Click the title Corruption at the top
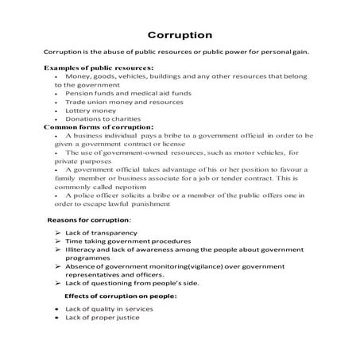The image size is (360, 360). (x=180, y=35)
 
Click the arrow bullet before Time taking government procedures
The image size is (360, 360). (x=60, y=240)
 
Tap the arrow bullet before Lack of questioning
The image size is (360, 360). (x=60, y=283)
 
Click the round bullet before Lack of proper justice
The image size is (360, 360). (x=57, y=317)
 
